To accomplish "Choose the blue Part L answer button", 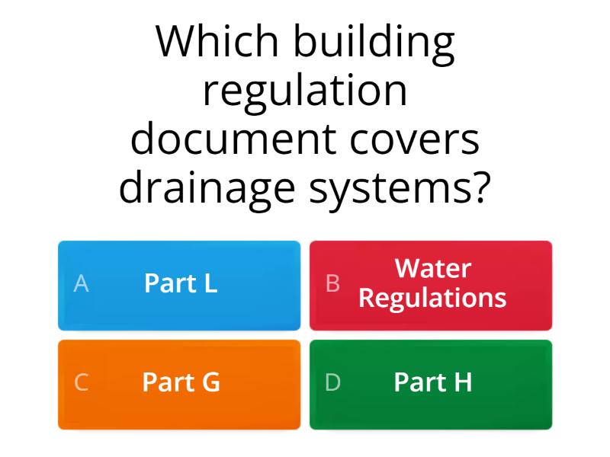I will pyautogui.click(x=179, y=285).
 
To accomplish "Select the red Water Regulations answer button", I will pyautogui.click(x=431, y=285).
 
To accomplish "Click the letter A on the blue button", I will pyautogui.click(x=81, y=284).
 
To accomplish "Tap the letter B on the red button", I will pyautogui.click(x=332, y=284).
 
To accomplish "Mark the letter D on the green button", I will pyautogui.click(x=332, y=383).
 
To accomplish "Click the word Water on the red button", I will pyautogui.click(x=432, y=269).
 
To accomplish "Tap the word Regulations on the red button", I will pyautogui.click(x=432, y=298).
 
